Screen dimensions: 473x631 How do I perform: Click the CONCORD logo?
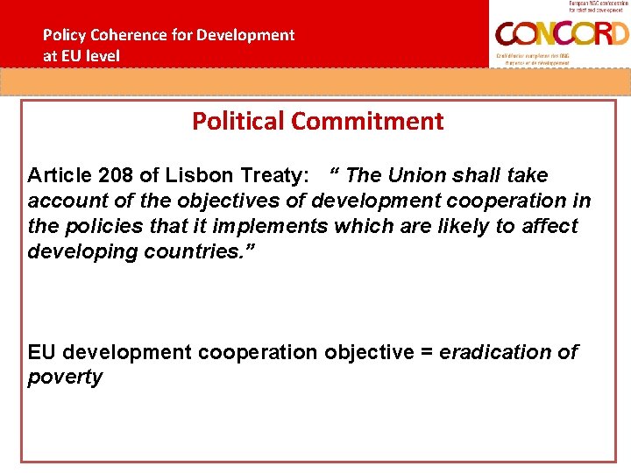click(561, 34)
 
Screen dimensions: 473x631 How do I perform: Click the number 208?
click(117, 175)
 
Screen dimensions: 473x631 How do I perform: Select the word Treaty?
click(262, 175)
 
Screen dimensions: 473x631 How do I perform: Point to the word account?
click(64, 201)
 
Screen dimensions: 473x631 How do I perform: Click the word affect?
click(543, 226)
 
